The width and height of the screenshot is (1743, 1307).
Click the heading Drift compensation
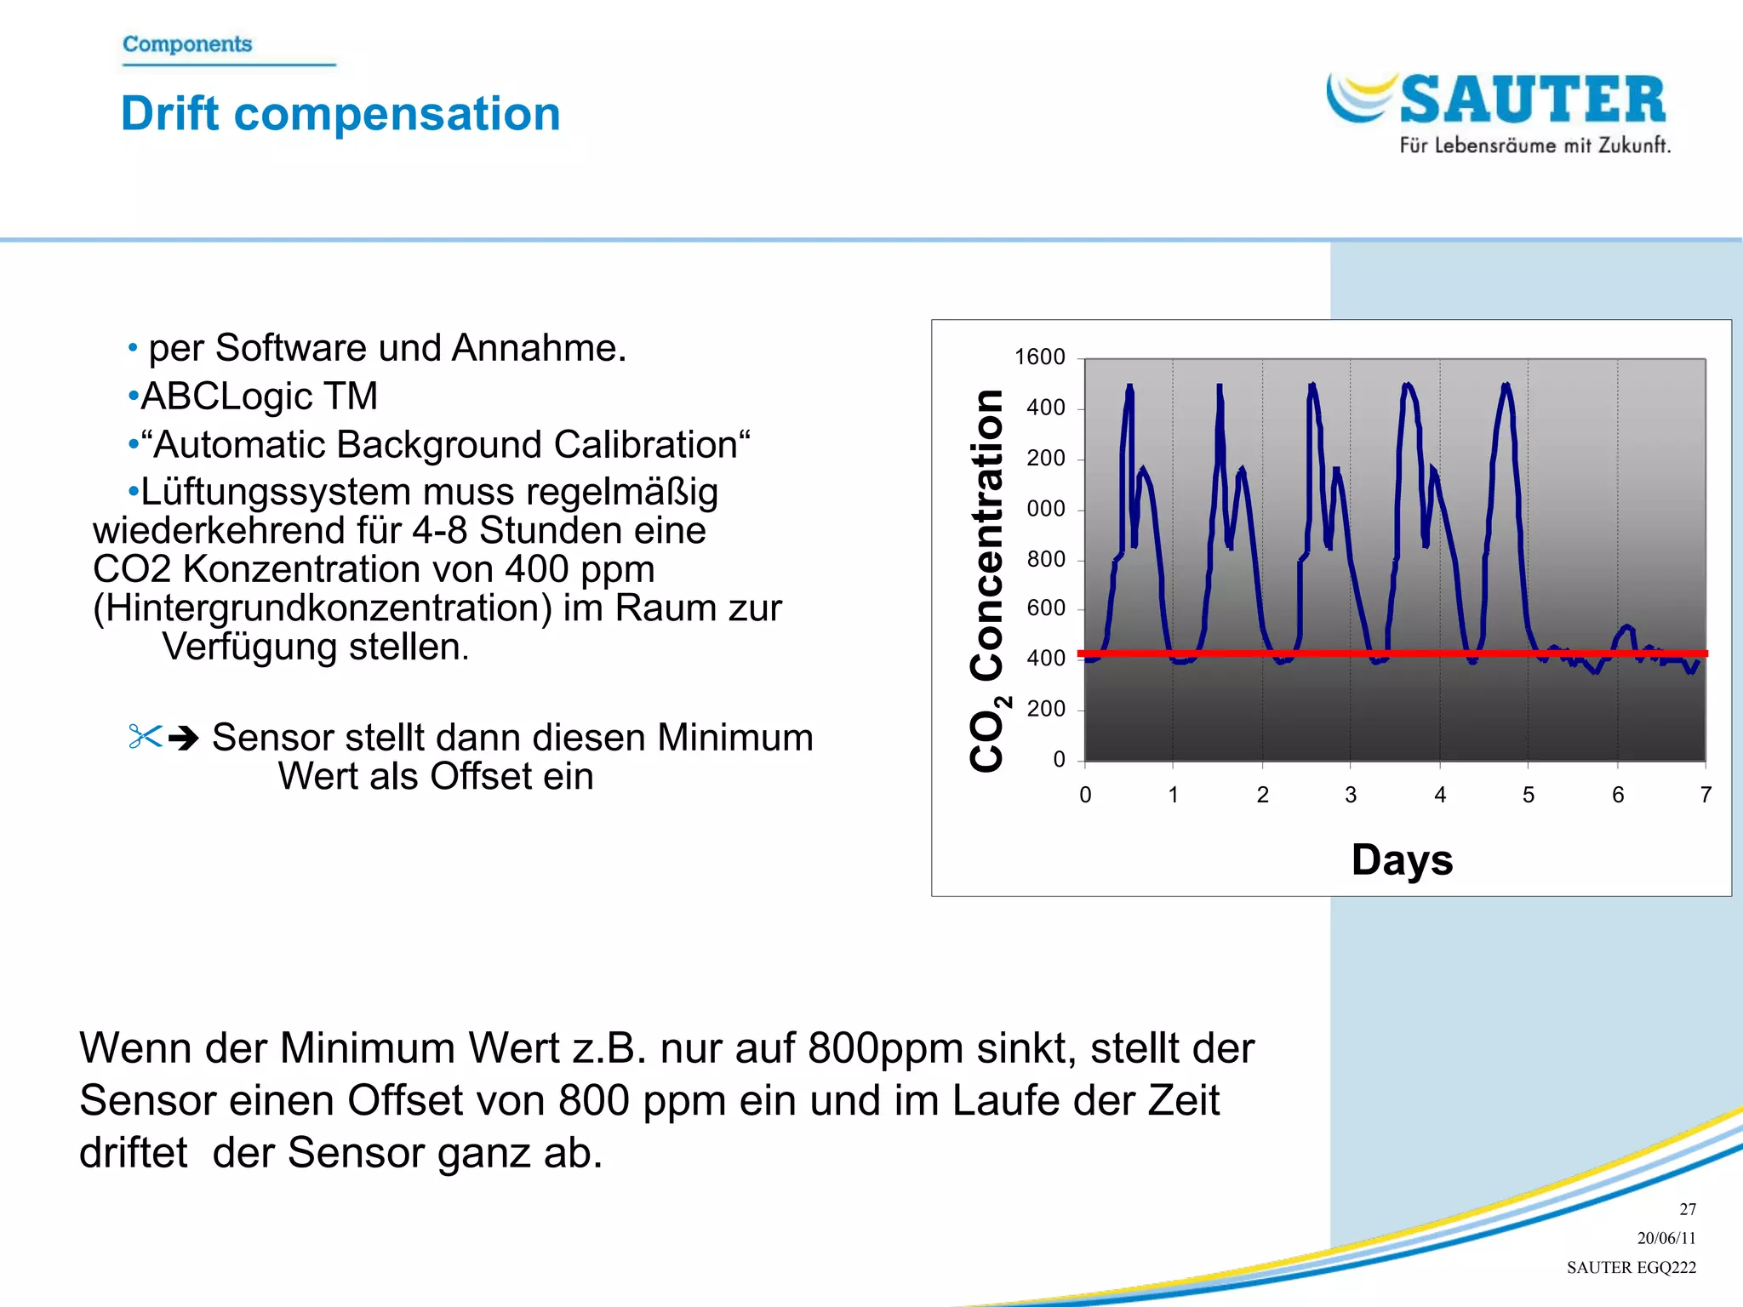pyautogui.click(x=340, y=113)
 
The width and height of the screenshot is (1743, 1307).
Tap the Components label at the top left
pyautogui.click(x=187, y=43)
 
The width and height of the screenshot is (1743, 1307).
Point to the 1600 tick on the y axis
pyautogui.click(x=1039, y=357)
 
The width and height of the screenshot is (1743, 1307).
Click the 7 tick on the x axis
pyautogui.click(x=1706, y=795)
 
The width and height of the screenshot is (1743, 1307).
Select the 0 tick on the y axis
pyautogui.click(x=1059, y=759)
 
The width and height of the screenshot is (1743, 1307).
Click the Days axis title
pyautogui.click(x=1402, y=859)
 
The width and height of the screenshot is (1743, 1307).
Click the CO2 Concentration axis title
pyautogui.click(x=988, y=580)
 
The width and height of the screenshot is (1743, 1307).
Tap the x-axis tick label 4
pyautogui.click(x=1440, y=795)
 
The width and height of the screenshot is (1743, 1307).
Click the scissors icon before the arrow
pyautogui.click(x=145, y=736)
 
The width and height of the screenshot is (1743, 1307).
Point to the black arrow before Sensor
pyautogui.click(x=184, y=737)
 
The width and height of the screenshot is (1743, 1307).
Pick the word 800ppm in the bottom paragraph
pyautogui.click(x=885, y=1048)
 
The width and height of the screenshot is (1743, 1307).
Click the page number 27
pyautogui.click(x=1687, y=1209)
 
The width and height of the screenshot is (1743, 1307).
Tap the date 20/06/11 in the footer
pyautogui.click(x=1666, y=1238)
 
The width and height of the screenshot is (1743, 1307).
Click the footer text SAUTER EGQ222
pyautogui.click(x=1631, y=1267)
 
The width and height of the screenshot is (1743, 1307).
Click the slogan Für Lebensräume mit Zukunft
pyautogui.click(x=1534, y=146)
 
